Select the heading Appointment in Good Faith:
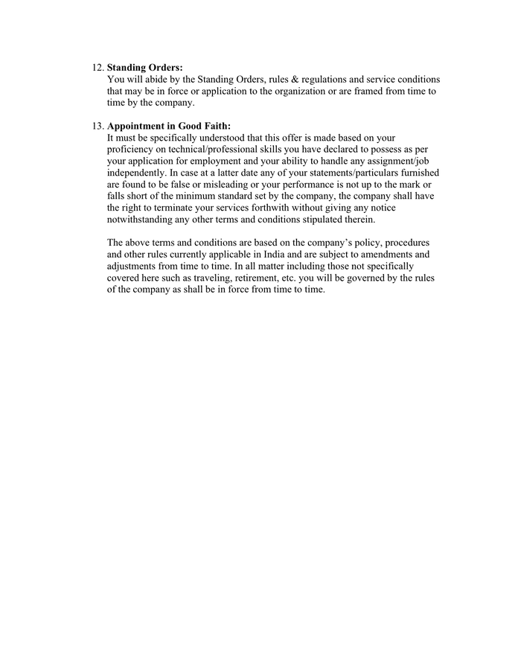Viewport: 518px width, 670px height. coord(169,126)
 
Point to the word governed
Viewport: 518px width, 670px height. coord(350,278)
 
